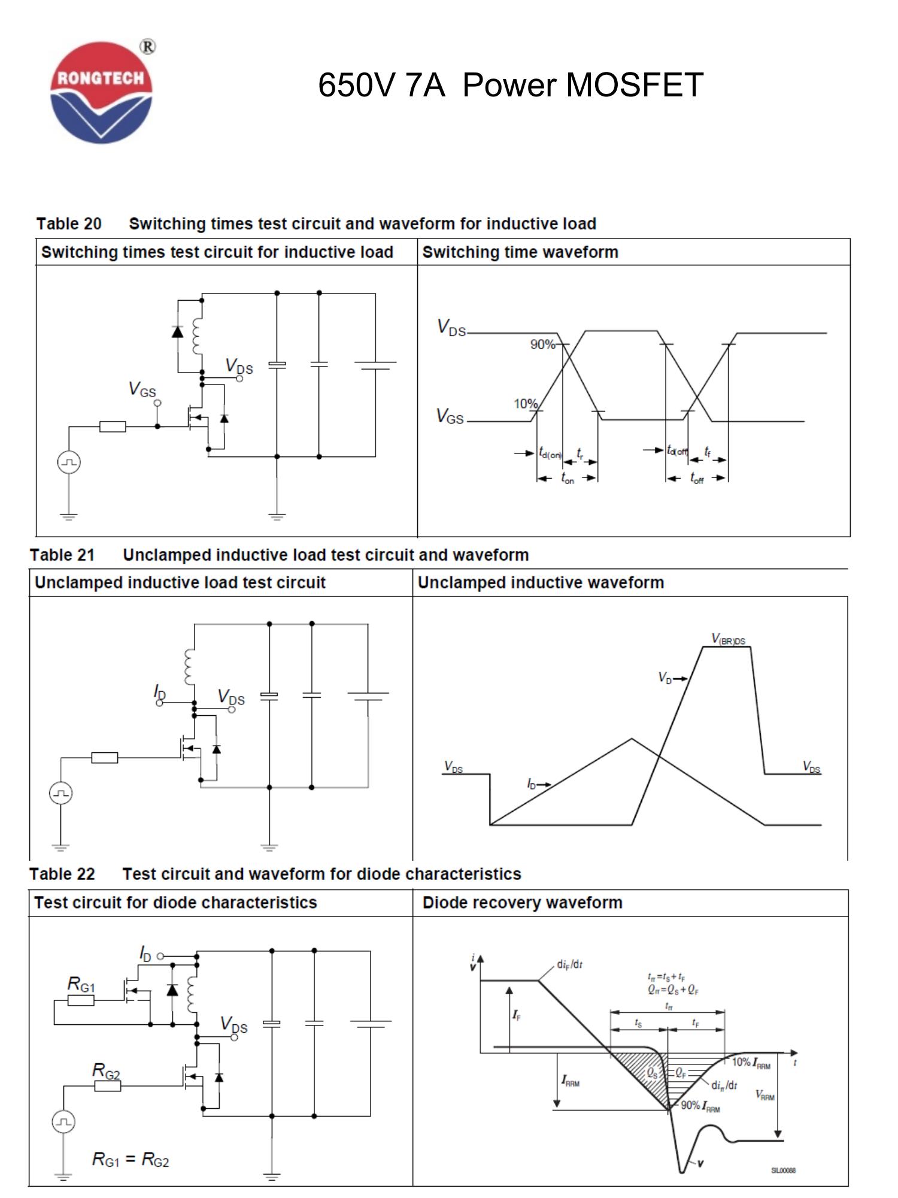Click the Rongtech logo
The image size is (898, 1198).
[101, 92]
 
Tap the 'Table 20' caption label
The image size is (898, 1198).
[69, 224]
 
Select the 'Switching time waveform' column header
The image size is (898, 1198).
[520, 252]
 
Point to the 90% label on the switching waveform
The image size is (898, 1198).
[542, 344]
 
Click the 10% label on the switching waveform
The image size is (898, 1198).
[525, 404]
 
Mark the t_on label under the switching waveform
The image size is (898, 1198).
[567, 478]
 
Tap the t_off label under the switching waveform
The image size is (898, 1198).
[696, 478]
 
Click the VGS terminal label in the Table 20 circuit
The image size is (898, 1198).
[142, 389]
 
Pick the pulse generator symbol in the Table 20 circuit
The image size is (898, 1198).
[69, 462]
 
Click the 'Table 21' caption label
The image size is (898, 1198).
[62, 555]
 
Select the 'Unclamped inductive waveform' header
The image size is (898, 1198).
[541, 583]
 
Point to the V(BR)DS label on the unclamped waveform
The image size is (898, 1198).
[728, 639]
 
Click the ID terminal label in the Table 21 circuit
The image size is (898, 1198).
[159, 692]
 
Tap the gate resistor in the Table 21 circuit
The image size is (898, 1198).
[105, 758]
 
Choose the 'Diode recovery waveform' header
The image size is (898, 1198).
[522, 903]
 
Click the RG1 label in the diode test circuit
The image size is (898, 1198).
[81, 984]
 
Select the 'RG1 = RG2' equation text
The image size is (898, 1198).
[131, 1160]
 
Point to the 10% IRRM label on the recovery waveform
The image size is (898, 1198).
[751, 1062]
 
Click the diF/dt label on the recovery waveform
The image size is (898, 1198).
[569, 964]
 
